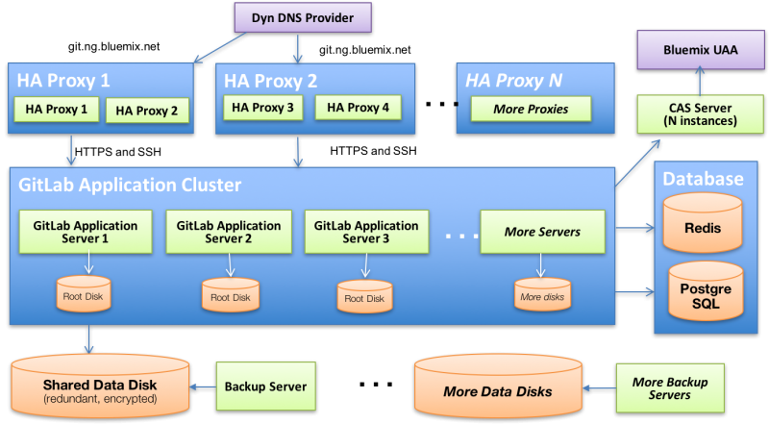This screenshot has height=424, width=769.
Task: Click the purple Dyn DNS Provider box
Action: (303, 17)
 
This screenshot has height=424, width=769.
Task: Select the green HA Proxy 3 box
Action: (262, 108)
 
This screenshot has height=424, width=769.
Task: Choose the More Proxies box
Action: (530, 109)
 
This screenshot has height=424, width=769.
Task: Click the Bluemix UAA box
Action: (701, 49)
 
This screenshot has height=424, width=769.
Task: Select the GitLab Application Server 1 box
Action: (85, 232)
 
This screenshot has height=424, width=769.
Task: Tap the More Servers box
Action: (543, 232)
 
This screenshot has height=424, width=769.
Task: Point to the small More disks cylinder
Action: (541, 294)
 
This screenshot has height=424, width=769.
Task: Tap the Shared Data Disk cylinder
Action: (100, 385)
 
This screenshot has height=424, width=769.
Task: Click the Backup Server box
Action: (264, 387)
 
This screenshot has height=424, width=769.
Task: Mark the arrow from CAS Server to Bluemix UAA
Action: (701, 81)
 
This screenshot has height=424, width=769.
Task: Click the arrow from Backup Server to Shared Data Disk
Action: (204, 387)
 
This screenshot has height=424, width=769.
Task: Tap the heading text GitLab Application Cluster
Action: (129, 185)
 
